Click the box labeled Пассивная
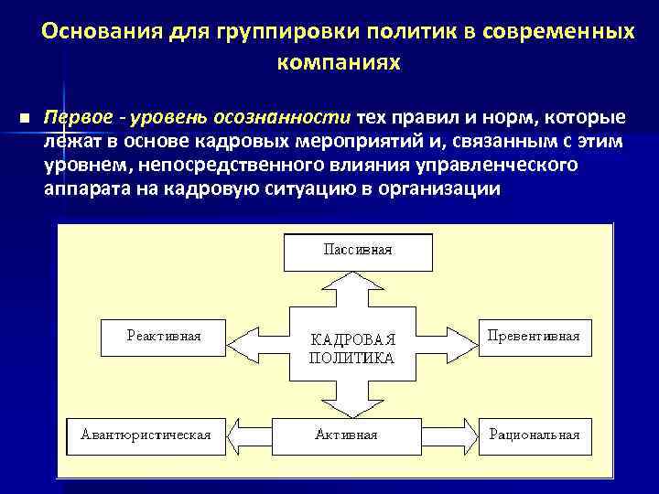click(344, 250)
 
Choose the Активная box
click(345, 434)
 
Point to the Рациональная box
click(534, 434)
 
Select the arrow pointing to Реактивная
click(257, 342)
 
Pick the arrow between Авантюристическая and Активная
click(253, 433)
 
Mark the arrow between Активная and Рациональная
click(445, 433)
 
